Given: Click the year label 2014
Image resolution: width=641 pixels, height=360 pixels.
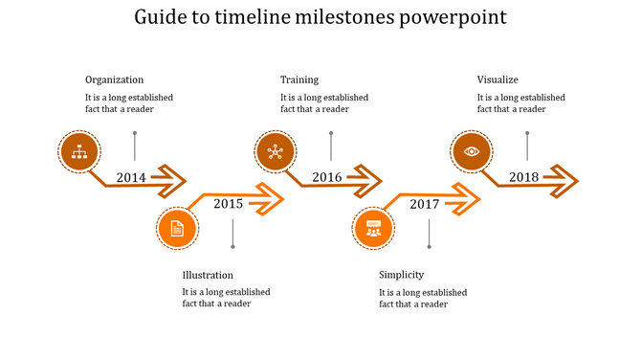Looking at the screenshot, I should click(x=131, y=177).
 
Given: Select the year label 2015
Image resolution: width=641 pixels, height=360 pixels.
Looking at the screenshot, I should click(x=228, y=203).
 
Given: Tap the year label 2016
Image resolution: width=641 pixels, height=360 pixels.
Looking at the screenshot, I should click(x=327, y=177).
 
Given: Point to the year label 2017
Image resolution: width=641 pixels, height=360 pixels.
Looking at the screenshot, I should click(x=424, y=204).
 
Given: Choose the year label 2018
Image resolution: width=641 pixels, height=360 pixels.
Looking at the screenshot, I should click(x=523, y=177).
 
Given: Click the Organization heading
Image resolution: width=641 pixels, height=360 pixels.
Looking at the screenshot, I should click(x=114, y=79).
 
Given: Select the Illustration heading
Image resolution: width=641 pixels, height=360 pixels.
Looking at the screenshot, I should click(x=208, y=275).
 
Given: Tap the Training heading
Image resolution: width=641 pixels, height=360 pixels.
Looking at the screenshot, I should click(x=299, y=79).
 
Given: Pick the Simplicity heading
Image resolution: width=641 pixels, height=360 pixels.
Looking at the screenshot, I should click(x=402, y=275).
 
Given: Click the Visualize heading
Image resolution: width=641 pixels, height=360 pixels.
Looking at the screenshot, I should click(x=497, y=79).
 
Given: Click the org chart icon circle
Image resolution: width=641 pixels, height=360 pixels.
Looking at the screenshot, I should click(x=79, y=151).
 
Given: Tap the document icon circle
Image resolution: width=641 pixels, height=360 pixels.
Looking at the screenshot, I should click(x=177, y=228).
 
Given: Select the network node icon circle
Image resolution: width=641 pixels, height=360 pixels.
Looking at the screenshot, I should click(x=276, y=151).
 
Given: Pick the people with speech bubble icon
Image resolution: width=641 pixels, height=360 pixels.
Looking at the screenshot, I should click(x=373, y=229).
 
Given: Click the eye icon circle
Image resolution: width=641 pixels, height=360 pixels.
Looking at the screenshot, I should click(x=472, y=151).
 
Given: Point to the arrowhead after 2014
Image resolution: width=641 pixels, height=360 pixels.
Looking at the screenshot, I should click(x=172, y=178).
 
